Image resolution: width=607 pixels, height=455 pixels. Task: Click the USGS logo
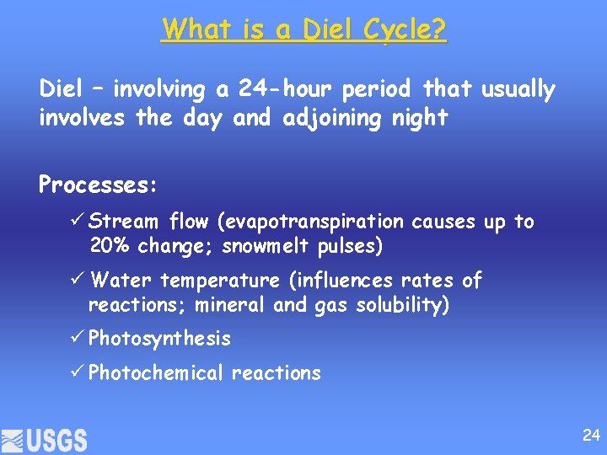[x=44, y=439]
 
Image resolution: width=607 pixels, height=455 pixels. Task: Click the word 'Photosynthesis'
[x=159, y=339]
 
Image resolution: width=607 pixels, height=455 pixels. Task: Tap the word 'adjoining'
[x=324, y=118]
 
